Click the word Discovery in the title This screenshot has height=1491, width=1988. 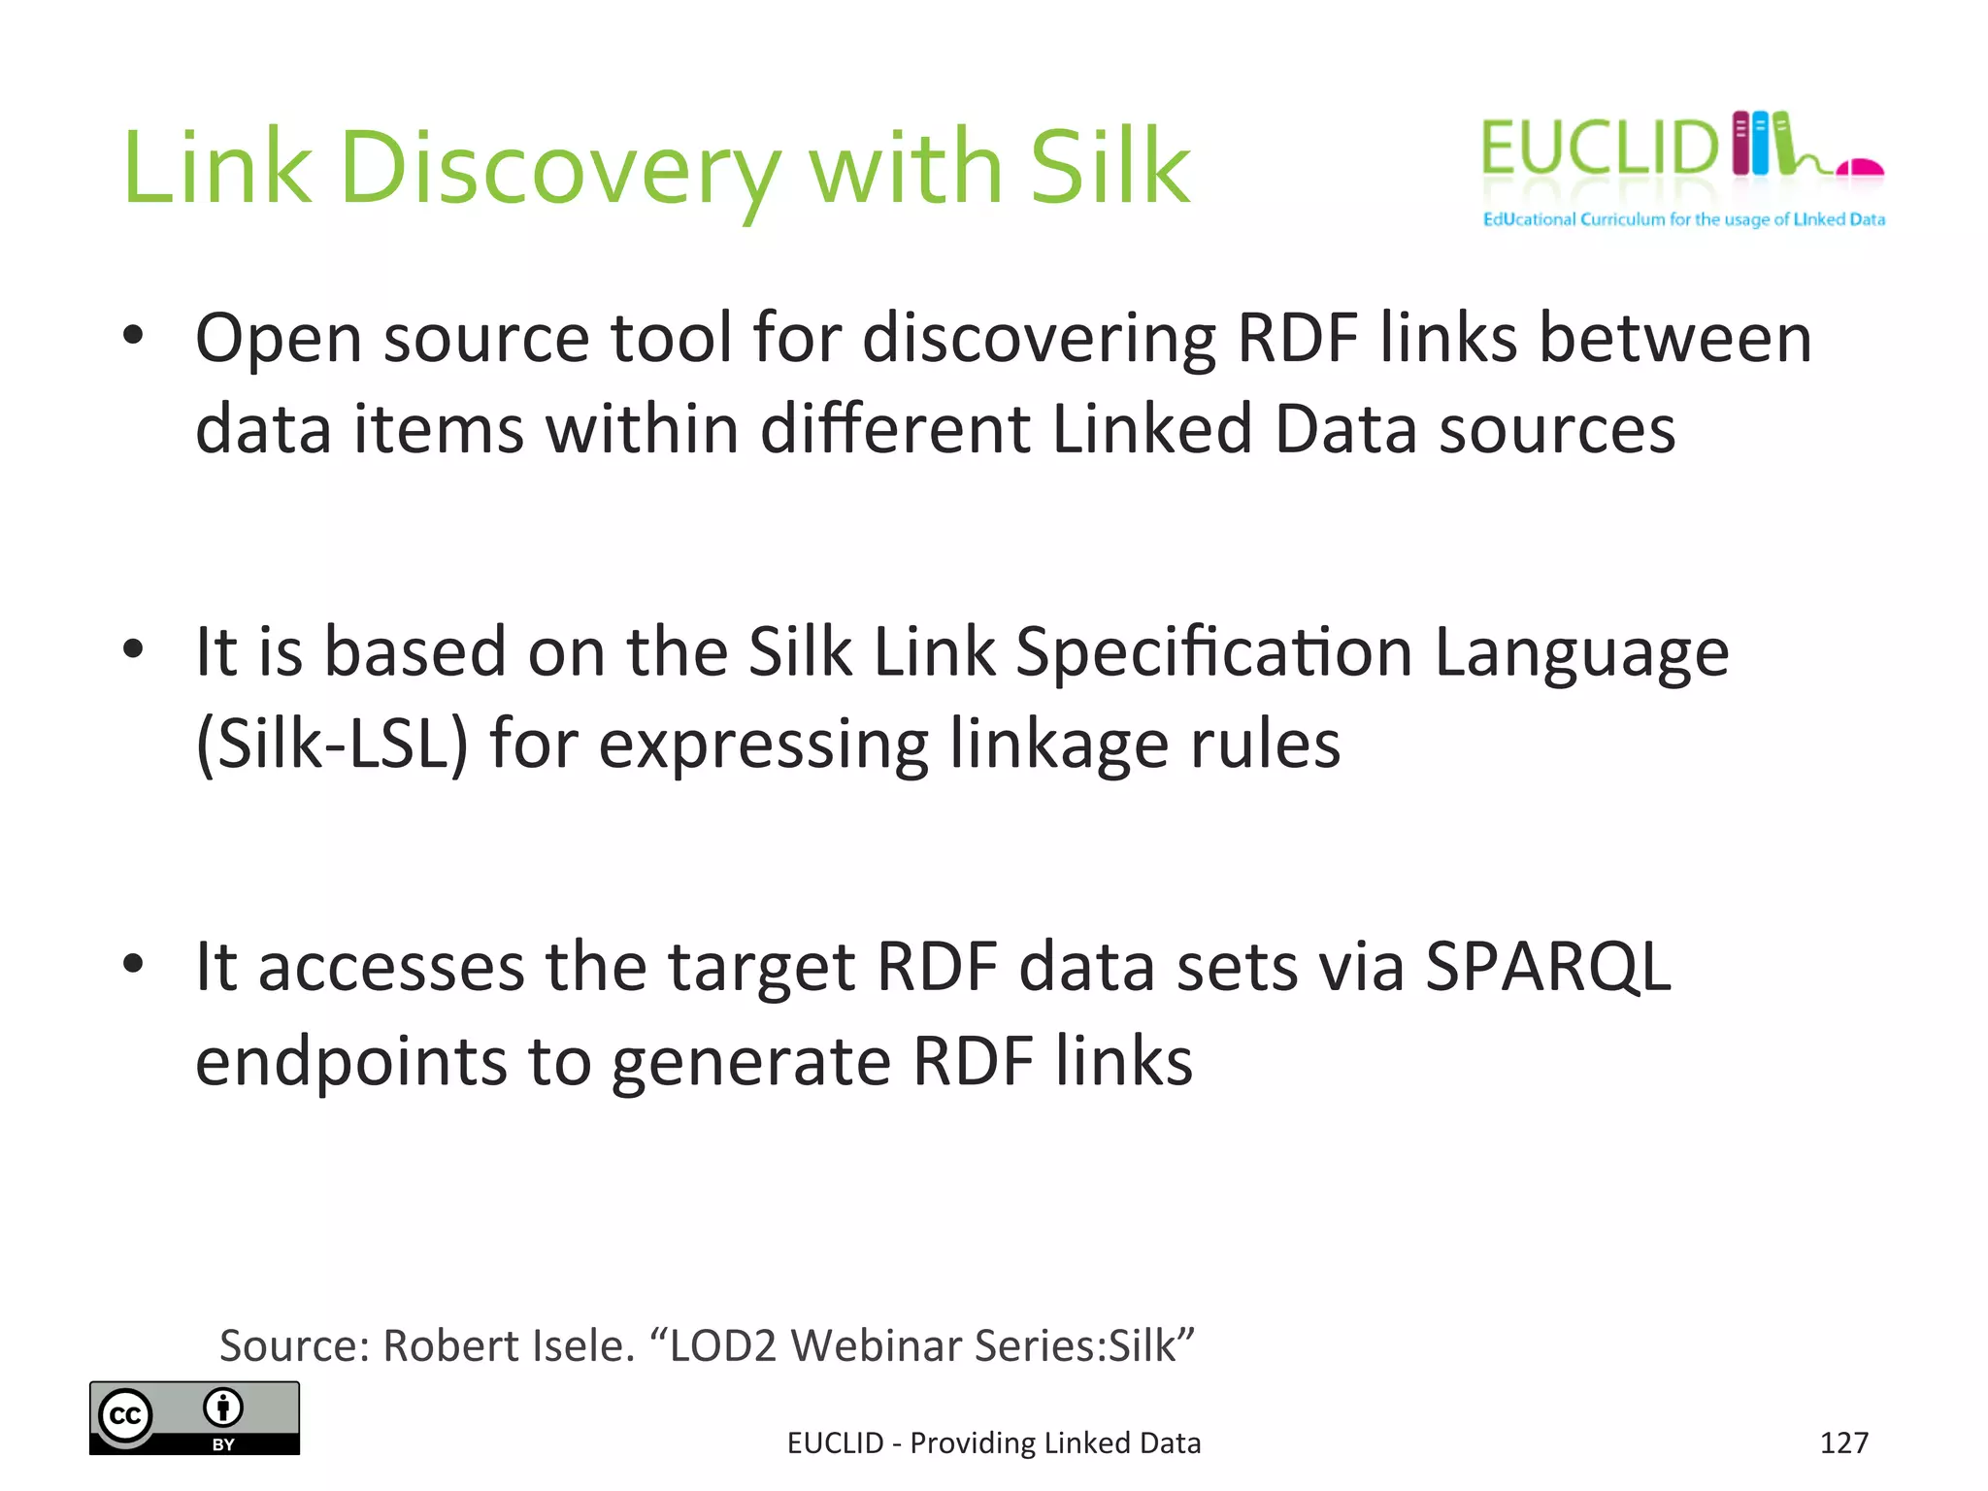coord(559,170)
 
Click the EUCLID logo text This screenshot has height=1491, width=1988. coord(1600,149)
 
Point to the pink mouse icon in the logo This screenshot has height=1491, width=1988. coord(1860,169)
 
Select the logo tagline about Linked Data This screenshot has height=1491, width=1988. coord(1683,220)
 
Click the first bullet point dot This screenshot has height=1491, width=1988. coord(134,336)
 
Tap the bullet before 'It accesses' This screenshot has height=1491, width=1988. coord(134,964)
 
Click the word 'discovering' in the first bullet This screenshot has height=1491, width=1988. coord(1038,341)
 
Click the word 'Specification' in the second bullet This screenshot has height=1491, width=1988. coord(1213,651)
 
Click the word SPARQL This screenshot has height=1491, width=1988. coord(1548,968)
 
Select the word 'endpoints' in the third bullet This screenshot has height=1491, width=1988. coord(351,1062)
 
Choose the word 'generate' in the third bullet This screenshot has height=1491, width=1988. coord(751,1062)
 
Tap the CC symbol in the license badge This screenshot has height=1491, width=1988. coord(125,1416)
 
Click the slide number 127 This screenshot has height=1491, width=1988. coord(1843,1443)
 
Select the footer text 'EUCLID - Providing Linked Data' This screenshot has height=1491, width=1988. coord(994,1443)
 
